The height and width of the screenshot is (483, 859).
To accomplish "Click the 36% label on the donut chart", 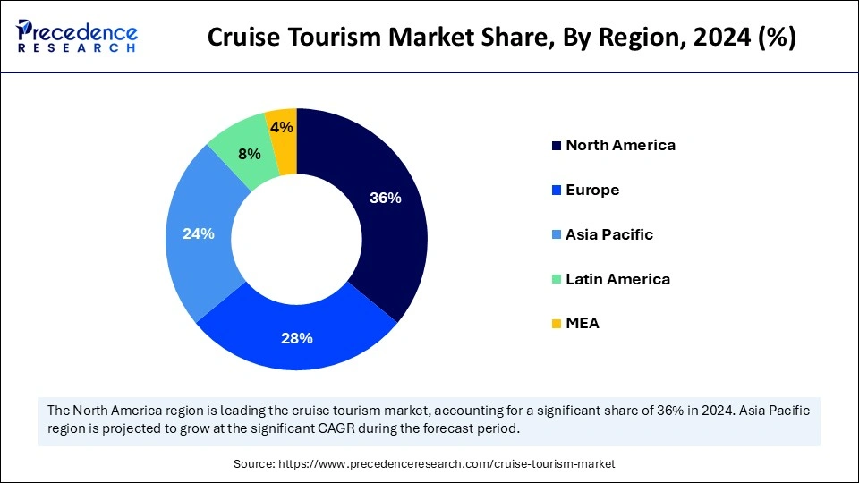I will tap(386, 199).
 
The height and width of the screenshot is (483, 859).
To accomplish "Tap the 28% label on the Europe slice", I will tap(297, 338).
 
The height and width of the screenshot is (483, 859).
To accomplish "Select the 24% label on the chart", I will tap(198, 233).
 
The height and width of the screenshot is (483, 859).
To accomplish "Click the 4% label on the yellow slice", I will tap(282, 128).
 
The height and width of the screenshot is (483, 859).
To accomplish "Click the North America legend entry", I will tap(620, 145).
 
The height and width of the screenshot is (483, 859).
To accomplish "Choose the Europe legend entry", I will tap(592, 190).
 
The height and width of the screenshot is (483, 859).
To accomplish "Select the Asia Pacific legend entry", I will tap(609, 234).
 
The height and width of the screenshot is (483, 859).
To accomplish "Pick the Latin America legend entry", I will tap(617, 279).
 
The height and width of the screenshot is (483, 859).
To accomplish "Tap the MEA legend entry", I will tap(583, 324).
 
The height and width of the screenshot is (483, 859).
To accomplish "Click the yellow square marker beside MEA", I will tap(557, 324).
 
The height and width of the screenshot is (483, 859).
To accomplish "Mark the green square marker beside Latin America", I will tap(557, 279).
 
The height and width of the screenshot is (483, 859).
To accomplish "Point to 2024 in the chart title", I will tap(719, 38).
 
